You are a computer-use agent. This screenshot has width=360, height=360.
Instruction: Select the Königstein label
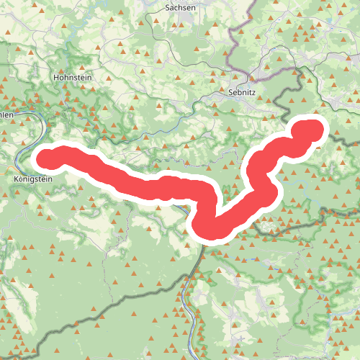[33, 179]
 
